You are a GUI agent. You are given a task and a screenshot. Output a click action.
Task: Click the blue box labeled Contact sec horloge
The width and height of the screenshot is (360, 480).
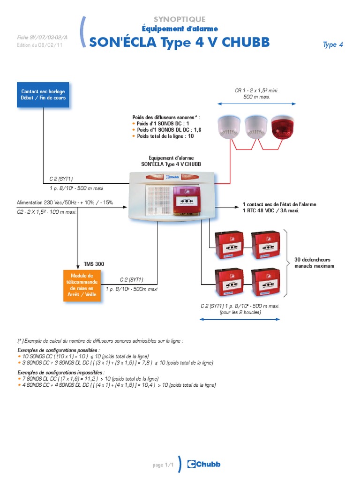pyautogui.click(x=43, y=95)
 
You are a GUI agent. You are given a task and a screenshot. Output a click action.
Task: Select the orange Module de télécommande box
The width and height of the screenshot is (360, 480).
pyautogui.click(x=82, y=285)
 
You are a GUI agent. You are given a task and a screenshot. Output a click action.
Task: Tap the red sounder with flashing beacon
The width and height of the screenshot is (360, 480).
pyautogui.click(x=282, y=127)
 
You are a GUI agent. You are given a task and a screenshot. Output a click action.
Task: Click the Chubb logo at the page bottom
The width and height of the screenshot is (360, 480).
pyautogui.click(x=203, y=464)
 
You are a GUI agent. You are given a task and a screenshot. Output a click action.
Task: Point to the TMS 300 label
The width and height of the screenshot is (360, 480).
pyautogui.click(x=94, y=264)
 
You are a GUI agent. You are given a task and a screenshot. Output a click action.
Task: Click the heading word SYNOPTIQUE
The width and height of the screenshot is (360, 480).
pyautogui.click(x=180, y=19)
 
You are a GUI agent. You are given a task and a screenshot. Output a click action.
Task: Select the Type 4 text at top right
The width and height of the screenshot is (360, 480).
pyautogui.click(x=333, y=45)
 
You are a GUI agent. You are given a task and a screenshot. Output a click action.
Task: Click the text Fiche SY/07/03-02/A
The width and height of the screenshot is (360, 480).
pyautogui.click(x=42, y=37)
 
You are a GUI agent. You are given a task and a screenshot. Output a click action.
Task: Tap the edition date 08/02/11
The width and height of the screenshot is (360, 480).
pyautogui.click(x=50, y=45)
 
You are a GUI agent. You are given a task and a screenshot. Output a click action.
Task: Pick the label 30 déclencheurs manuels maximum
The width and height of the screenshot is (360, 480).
pyautogui.click(x=314, y=262)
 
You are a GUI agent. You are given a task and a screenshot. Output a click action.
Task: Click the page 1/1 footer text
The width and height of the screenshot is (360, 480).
pyautogui.click(x=163, y=465)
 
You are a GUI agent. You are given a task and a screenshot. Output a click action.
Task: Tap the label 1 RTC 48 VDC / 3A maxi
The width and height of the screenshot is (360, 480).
pyautogui.click(x=271, y=210)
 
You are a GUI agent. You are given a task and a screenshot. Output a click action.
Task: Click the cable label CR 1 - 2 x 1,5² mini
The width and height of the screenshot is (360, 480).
pyautogui.click(x=256, y=90)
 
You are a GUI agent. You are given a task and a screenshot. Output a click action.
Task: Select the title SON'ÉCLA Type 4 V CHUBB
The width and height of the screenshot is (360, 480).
pyautogui.click(x=180, y=42)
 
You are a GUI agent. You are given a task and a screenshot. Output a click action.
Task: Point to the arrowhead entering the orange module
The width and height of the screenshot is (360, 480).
pyautogui.click(x=78, y=268)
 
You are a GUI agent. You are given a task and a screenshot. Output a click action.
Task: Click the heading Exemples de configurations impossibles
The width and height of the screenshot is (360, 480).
pyautogui.click(x=61, y=373)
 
